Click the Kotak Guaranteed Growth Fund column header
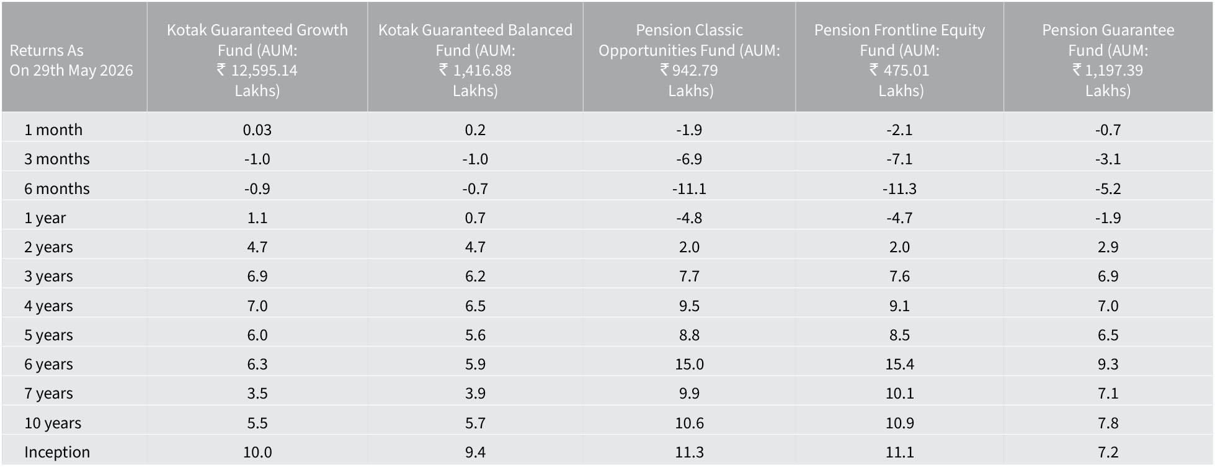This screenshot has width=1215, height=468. [x=257, y=60]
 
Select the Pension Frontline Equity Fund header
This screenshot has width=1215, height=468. [x=899, y=60]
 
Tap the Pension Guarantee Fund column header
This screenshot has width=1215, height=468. [x=1108, y=60]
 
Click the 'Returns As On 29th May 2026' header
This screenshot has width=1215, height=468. [x=71, y=60]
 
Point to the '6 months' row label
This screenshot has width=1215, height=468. [x=57, y=188]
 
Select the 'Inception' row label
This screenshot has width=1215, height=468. [x=57, y=452]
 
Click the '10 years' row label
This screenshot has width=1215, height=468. [x=53, y=423]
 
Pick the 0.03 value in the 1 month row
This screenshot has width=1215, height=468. [x=257, y=130]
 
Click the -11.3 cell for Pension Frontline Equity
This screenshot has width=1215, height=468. [x=899, y=188]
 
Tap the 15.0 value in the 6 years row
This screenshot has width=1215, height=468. [x=689, y=364]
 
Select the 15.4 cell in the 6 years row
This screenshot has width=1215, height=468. [x=899, y=364]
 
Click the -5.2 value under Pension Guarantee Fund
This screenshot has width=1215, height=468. [x=1108, y=188]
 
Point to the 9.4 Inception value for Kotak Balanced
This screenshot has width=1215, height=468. [x=475, y=452]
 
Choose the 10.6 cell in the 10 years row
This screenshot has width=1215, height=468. [x=689, y=423]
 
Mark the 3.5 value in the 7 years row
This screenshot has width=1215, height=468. [x=257, y=393]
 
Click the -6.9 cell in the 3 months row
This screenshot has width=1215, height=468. [x=689, y=159]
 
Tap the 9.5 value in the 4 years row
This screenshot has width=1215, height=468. [x=689, y=306]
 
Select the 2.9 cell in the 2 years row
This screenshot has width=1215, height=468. [x=1108, y=247]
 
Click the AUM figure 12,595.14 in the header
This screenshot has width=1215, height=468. [x=264, y=70]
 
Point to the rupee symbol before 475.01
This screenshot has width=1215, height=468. [x=874, y=69]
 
